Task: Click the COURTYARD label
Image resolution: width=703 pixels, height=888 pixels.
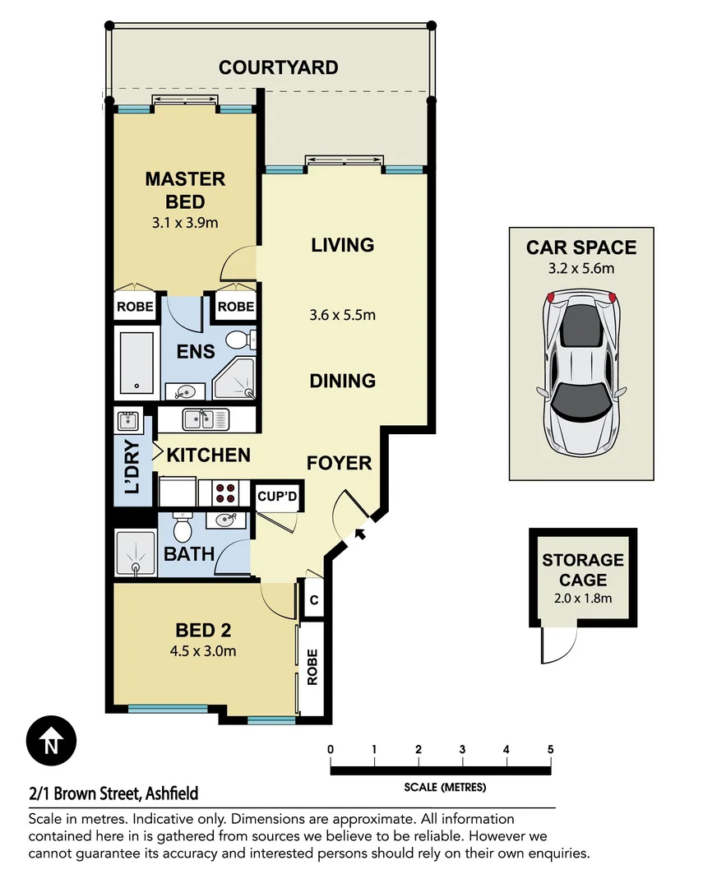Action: click(278, 67)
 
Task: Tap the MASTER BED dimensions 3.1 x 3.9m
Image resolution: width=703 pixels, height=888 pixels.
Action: click(185, 222)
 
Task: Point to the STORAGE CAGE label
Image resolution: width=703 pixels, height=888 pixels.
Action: click(583, 570)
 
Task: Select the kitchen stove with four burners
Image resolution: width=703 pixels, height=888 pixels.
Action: click(226, 493)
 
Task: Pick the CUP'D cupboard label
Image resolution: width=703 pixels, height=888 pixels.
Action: click(276, 497)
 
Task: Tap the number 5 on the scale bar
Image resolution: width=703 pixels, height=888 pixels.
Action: click(550, 749)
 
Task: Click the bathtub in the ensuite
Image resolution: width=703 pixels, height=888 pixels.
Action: click(135, 362)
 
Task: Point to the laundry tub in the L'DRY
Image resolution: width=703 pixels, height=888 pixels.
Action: click(127, 422)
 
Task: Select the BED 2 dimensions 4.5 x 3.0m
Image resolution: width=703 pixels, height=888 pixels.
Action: click(203, 652)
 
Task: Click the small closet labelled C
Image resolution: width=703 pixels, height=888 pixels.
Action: click(313, 601)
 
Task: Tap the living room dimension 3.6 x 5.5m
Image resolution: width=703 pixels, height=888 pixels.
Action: click(344, 314)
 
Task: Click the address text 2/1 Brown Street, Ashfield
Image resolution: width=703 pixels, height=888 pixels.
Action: click(113, 794)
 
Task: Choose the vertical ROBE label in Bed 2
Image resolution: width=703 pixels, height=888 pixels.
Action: click(312, 668)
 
